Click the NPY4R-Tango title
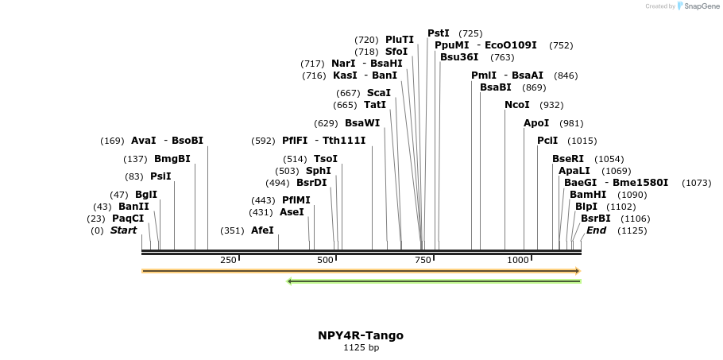tap(360, 335)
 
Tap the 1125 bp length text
tap(360, 347)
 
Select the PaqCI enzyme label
tap(128, 218)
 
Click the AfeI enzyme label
tap(262, 230)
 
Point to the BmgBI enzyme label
tap(172, 158)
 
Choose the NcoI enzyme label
tap(517, 105)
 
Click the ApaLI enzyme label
tap(573, 170)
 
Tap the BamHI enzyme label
tap(587, 194)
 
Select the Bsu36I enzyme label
tap(459, 56)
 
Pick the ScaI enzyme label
tap(378, 93)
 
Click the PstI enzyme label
tap(439, 33)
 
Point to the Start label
tap(123, 230)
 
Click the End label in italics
tap(596, 230)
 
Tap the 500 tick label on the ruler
tap(326, 260)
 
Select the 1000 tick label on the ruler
tap(518, 260)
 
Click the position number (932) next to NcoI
tap(551, 105)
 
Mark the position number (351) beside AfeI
tap(232, 230)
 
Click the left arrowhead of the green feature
tap(290, 281)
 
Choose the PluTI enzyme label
tap(400, 40)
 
